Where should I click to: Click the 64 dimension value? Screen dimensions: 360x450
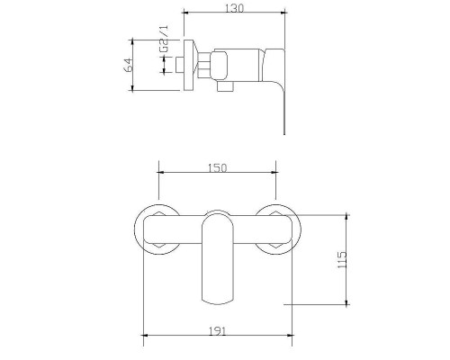[x=130, y=65]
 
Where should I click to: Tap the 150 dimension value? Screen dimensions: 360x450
[x=217, y=167]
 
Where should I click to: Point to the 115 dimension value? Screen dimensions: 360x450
[x=340, y=260]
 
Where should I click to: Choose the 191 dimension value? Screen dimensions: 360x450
[x=217, y=329]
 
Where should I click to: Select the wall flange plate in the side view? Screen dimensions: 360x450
[x=188, y=65]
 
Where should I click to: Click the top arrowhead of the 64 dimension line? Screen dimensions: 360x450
[x=135, y=40]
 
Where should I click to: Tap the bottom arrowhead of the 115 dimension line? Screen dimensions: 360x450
[x=346, y=303]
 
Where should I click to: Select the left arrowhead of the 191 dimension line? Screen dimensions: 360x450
[x=146, y=337]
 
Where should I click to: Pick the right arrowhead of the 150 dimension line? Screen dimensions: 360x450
[x=274, y=174]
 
